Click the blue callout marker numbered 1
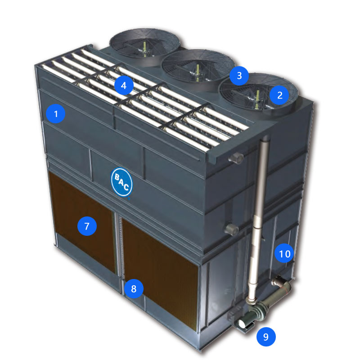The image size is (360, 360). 55,114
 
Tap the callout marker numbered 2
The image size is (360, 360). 279,95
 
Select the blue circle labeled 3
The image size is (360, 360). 239,76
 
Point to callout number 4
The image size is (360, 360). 124,85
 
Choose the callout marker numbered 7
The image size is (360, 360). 87,226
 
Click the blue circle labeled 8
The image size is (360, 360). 134,288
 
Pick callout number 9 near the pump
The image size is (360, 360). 266,337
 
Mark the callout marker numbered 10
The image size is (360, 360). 284,253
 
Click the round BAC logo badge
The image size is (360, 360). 121,183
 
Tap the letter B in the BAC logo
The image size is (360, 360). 117,177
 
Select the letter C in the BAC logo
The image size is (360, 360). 126,187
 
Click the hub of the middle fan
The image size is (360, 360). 198,72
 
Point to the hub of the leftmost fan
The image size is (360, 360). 144,50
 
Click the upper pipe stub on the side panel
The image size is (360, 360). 236,158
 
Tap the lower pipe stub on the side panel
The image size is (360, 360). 232,229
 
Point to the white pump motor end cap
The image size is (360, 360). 243,324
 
